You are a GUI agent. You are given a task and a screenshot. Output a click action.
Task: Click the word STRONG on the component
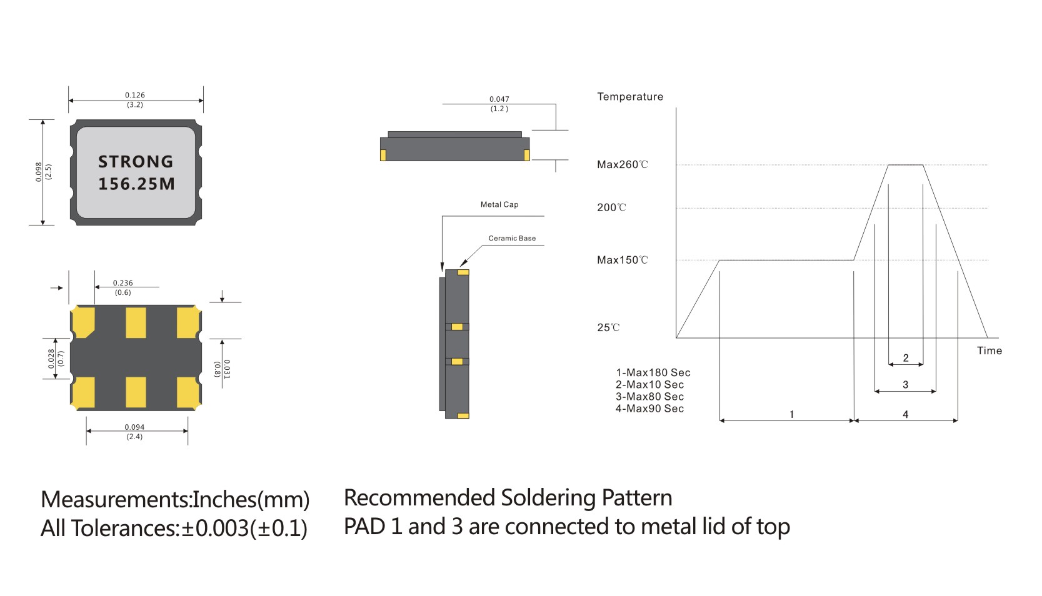[136, 162]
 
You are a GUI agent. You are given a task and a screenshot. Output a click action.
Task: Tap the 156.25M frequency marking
[136, 184]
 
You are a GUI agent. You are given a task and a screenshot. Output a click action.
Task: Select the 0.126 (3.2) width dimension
[135, 100]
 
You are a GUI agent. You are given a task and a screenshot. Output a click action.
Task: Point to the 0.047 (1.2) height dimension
[499, 104]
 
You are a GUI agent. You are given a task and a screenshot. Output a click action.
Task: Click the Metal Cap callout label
[499, 204]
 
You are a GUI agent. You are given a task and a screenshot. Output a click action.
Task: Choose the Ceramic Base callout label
[512, 238]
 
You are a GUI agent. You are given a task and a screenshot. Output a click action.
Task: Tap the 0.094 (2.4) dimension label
[134, 432]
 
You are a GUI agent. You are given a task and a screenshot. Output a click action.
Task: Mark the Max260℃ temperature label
[622, 165]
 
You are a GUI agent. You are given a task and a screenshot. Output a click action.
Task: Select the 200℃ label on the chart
[611, 208]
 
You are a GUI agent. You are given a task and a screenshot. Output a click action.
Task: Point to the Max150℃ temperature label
[622, 260]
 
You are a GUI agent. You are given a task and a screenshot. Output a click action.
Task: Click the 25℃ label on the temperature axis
[608, 327]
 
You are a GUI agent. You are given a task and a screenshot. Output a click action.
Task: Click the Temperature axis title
[629, 97]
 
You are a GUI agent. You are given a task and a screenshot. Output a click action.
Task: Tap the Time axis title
[989, 350]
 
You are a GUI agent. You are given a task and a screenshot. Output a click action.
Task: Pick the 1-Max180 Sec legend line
[653, 373]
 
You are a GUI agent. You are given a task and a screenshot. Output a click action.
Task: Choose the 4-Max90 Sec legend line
[649, 409]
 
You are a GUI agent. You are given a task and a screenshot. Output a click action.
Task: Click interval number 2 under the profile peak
[906, 358]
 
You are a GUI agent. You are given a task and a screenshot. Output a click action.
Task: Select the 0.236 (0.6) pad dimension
[123, 287]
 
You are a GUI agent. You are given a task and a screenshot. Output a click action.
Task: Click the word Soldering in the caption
[548, 498]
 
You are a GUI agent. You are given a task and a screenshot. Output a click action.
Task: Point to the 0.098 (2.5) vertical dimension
[43, 172]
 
